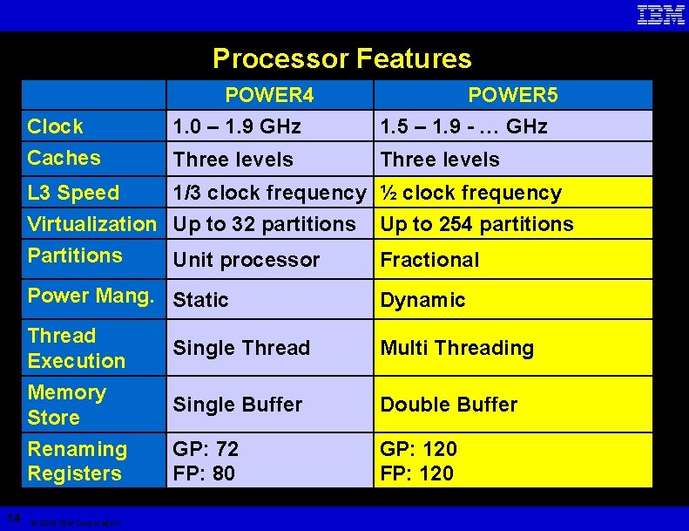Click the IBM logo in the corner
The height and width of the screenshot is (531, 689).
click(x=660, y=15)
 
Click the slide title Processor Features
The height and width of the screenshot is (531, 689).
click(x=342, y=58)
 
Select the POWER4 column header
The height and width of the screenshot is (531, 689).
click(x=269, y=94)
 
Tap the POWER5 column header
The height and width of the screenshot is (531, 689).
click(x=512, y=94)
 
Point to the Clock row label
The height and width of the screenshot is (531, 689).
click(x=56, y=126)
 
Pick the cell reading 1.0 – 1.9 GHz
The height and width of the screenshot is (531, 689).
click(x=237, y=126)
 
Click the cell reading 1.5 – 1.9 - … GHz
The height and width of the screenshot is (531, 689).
click(x=463, y=126)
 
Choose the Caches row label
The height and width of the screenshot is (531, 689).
click(x=64, y=158)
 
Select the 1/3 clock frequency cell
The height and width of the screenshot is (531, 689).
click(x=269, y=193)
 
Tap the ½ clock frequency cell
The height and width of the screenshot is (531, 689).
click(x=470, y=193)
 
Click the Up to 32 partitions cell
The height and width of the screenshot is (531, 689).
click(x=264, y=224)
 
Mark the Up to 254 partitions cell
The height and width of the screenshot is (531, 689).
click(x=476, y=224)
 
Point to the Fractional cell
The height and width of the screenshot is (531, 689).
click(x=429, y=260)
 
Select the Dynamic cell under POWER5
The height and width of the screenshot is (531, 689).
click(x=422, y=300)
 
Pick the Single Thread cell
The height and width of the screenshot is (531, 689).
click(x=241, y=348)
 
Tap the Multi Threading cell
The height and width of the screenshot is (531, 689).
click(x=456, y=348)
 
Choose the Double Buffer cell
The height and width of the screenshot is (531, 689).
click(x=449, y=405)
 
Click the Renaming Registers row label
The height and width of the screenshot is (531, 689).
click(x=77, y=461)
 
